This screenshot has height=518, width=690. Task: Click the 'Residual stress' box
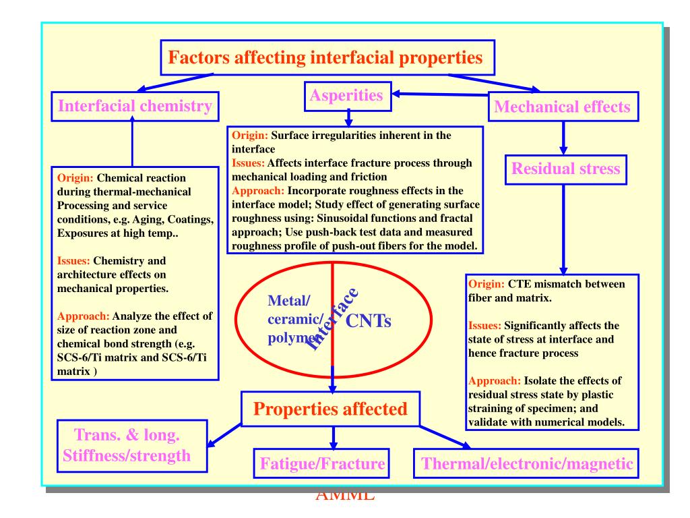tap(565, 169)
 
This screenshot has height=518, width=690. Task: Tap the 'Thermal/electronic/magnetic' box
tap(527, 464)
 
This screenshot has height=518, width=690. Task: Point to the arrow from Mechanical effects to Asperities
tap(438, 95)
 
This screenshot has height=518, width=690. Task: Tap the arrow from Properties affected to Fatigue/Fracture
tap(333, 439)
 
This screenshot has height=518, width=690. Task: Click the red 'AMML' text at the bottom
tap(345, 498)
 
